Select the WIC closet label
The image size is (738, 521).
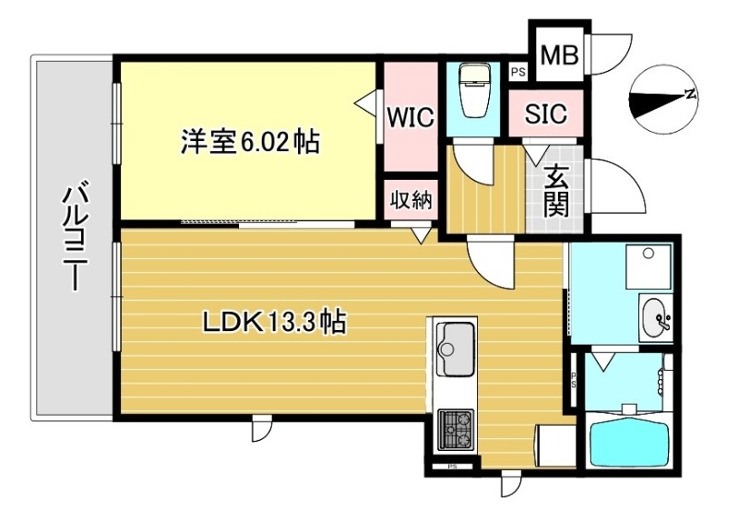(409, 118)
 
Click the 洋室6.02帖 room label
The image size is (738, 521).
(250, 142)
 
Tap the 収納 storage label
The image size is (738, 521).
(411, 201)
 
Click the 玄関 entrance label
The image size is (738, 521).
(556, 188)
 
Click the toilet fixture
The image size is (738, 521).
(476, 91)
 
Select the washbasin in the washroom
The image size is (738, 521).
(658, 317)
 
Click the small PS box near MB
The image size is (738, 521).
(518, 70)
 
